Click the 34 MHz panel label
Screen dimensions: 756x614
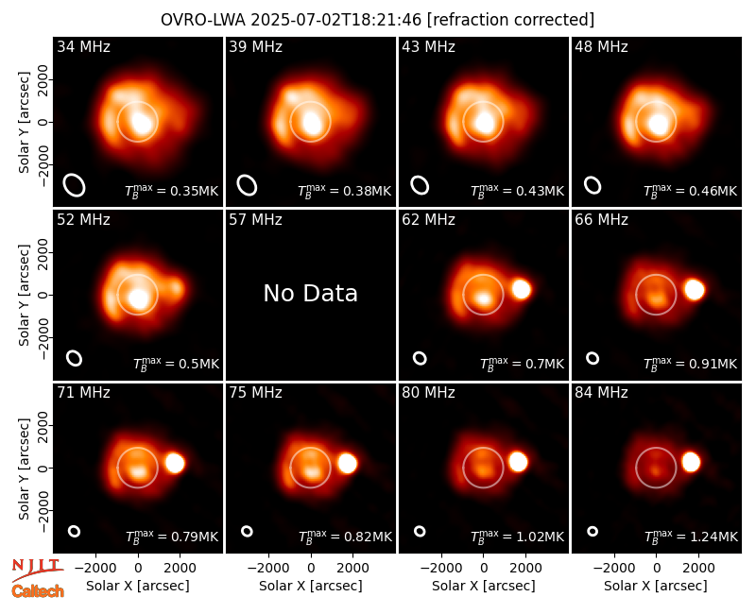pyautogui.click(x=83, y=46)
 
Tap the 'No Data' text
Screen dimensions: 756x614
pyautogui.click(x=311, y=293)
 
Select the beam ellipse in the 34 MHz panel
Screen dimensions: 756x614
pyautogui.click(x=75, y=185)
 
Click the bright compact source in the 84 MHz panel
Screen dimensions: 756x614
pyautogui.click(x=691, y=462)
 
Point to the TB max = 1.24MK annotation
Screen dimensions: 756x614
pyautogui.click(x=692, y=536)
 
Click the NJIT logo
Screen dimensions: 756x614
pyautogui.click(x=37, y=570)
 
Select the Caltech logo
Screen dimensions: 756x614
pyautogui.click(x=38, y=591)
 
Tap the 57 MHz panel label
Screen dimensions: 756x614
pyautogui.click(x=255, y=220)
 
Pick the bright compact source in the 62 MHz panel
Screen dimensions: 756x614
pyautogui.click(x=522, y=289)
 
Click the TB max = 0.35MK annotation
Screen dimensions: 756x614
pyautogui.click(x=172, y=191)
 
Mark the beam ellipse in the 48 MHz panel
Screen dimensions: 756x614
pyautogui.click(x=593, y=185)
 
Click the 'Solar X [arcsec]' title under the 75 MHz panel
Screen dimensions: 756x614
pyautogui.click(x=311, y=586)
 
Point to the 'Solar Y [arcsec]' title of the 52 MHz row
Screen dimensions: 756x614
pyautogui.click(x=25, y=295)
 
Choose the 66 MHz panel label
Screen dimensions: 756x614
pyautogui.click(x=601, y=220)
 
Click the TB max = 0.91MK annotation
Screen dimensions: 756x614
pyautogui.click(x=691, y=364)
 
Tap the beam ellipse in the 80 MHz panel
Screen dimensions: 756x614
pyautogui.click(x=420, y=531)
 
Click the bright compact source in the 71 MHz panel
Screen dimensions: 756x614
pyautogui.click(x=175, y=463)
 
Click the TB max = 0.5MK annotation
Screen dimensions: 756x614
pyautogui.click(x=176, y=364)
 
